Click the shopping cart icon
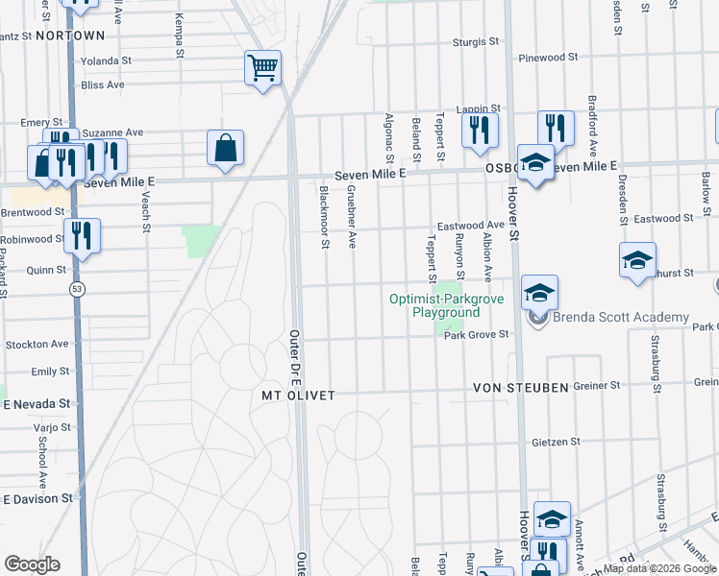click(261, 68)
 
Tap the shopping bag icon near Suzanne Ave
click(225, 149)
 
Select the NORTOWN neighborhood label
click(69, 36)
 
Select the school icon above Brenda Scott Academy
click(539, 292)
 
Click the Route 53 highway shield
click(75, 288)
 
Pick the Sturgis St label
click(477, 42)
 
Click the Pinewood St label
click(548, 58)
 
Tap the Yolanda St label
click(106, 60)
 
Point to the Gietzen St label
click(557, 443)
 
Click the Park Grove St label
click(475, 335)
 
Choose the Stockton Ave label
click(37, 344)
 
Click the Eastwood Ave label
click(471, 226)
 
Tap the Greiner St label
click(597, 386)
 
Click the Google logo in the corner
click(32, 564)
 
